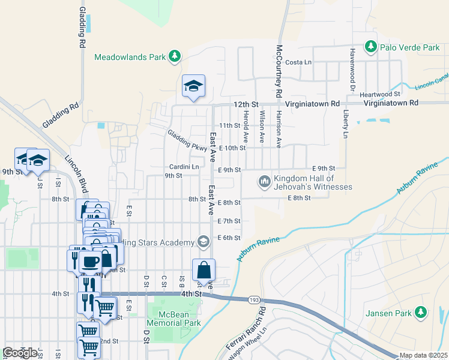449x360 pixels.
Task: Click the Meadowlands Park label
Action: (x=130, y=57)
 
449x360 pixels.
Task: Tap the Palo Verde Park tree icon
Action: (x=371, y=47)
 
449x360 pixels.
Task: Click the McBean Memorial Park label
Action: (x=179, y=319)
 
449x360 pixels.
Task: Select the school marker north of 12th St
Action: (x=194, y=87)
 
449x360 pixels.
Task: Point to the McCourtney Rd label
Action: (x=279, y=71)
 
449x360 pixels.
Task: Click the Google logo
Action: (x=20, y=352)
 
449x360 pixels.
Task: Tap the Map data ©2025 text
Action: (x=423, y=355)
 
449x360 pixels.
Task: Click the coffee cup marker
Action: (x=90, y=262)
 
